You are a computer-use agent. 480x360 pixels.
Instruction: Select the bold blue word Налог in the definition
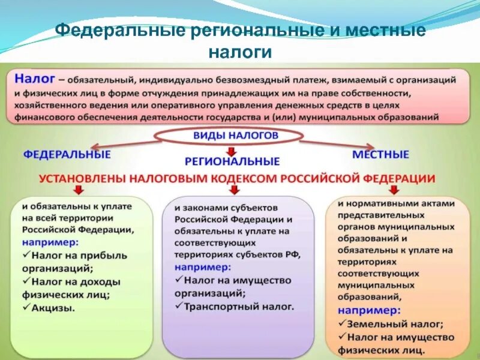(35, 79)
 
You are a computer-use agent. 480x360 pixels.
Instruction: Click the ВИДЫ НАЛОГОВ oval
(235, 136)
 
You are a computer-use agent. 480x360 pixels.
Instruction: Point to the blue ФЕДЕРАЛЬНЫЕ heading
(67, 154)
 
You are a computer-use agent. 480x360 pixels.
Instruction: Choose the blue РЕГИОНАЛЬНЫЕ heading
(232, 161)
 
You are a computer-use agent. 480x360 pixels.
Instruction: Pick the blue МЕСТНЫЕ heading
(380, 154)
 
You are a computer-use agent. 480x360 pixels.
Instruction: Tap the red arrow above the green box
(79, 190)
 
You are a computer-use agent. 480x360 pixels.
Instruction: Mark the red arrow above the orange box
(393, 190)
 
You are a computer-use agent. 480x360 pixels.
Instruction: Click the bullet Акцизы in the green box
(54, 308)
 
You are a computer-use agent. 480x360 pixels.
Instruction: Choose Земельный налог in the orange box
(396, 324)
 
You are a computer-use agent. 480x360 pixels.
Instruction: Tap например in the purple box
(202, 267)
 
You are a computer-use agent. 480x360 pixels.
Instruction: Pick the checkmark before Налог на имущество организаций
(179, 280)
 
